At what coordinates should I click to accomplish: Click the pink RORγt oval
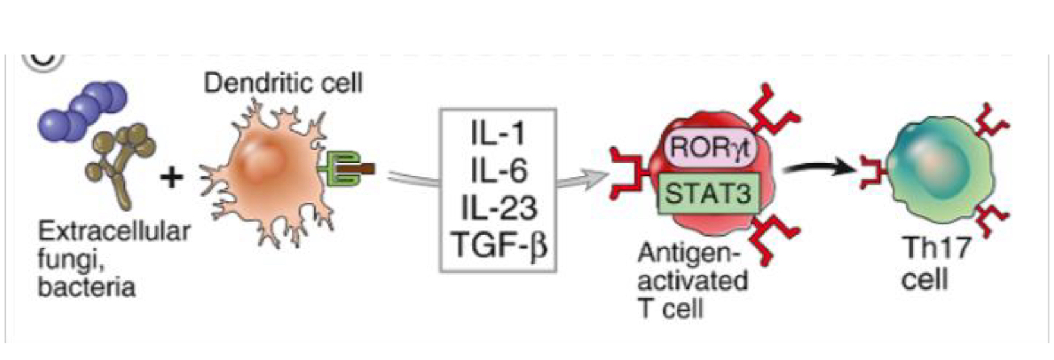pos(710,147)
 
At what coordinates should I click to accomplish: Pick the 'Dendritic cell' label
pos(283,83)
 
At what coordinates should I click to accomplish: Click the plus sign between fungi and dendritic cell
pos(172,176)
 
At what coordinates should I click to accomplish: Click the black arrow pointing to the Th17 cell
pos(816,168)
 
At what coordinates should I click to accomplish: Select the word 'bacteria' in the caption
pos(87,287)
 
